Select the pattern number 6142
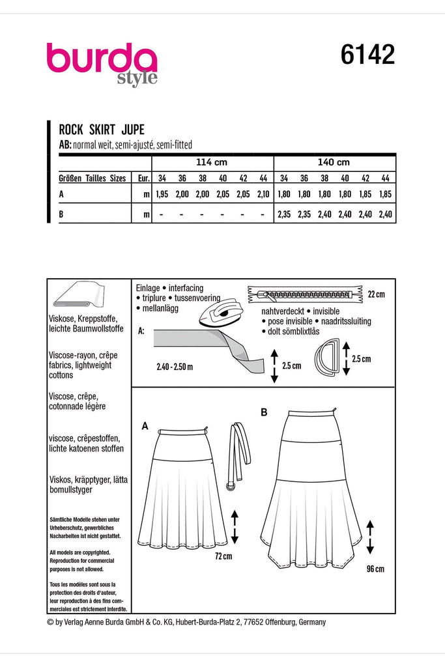367,56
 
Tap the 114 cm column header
212,162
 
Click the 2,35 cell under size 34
284,214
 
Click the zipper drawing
301,293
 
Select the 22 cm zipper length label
376,294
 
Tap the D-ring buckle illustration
334,358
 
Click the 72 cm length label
223,556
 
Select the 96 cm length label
375,569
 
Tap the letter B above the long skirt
264,412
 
